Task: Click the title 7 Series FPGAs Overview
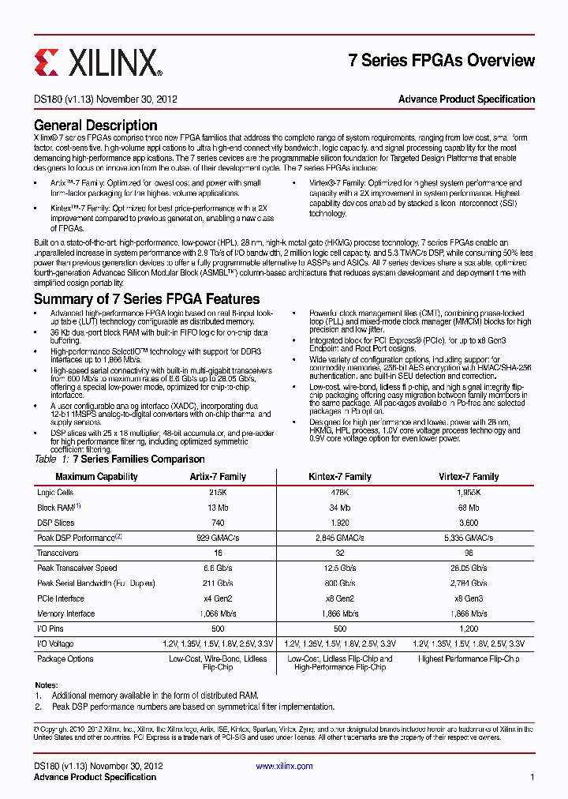441,61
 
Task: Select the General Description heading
95,126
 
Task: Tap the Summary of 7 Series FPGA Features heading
146,299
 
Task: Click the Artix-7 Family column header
218,477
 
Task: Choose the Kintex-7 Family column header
339,477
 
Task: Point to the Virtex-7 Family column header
469,477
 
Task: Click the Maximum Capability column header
96,477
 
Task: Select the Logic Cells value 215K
218,493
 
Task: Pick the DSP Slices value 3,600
469,523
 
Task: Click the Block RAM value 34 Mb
339,508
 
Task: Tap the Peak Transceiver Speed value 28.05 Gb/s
469,568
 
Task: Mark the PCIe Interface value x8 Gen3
469,598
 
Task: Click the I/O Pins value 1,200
469,629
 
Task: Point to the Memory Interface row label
66,613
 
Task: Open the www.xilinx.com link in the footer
285,766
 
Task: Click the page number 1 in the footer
532,777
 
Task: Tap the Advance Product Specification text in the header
466,99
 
